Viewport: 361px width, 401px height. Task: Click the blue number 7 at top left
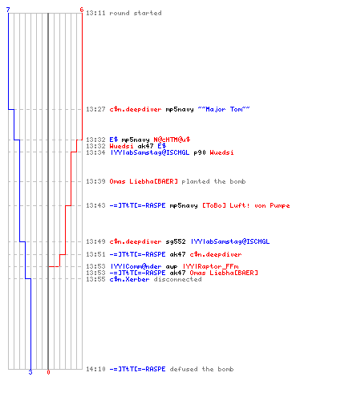pos(8,10)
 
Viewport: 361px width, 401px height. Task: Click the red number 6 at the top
pos(82,10)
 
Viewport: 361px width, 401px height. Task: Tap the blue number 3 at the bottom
pos(30,372)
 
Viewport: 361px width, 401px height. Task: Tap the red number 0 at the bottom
pos(48,372)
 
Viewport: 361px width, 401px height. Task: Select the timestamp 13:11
pos(95,13)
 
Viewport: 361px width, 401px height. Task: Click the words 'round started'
pos(136,13)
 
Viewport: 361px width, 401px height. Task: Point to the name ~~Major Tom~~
pos(224,109)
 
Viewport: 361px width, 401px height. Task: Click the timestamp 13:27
pos(95,109)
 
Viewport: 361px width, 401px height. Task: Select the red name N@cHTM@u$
pos(172,140)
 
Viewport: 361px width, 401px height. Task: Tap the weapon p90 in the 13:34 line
pos(200,152)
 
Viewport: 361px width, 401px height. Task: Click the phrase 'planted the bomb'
pos(213,181)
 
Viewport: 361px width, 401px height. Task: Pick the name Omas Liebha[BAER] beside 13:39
pos(144,181)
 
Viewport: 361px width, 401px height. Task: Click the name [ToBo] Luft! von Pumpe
pos(246,205)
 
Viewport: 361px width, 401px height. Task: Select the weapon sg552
pos(176,241)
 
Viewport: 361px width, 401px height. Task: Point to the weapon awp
pos(172,266)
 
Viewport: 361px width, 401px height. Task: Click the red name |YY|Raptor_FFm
pos(211,266)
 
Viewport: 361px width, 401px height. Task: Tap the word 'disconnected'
pos(177,279)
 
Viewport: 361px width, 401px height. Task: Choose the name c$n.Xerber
pos(129,279)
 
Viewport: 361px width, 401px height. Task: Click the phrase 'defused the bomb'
pos(201,369)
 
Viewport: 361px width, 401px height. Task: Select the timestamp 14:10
pos(95,369)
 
